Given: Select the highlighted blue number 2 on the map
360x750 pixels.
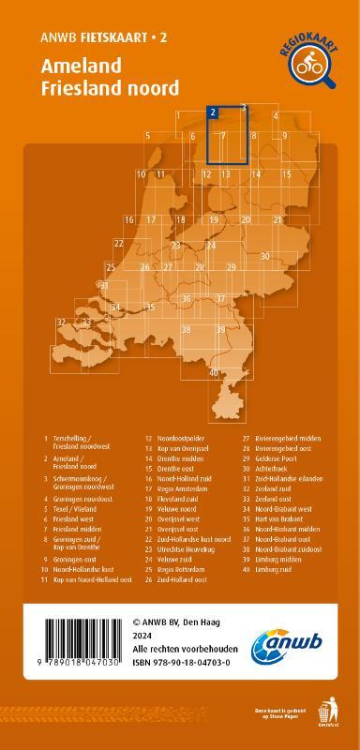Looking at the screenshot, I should (214, 112).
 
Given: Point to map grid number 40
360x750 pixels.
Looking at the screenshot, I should (214, 372).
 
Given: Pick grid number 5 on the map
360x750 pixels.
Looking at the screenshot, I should (148, 136).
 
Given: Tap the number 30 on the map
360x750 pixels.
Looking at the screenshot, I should (265, 255).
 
